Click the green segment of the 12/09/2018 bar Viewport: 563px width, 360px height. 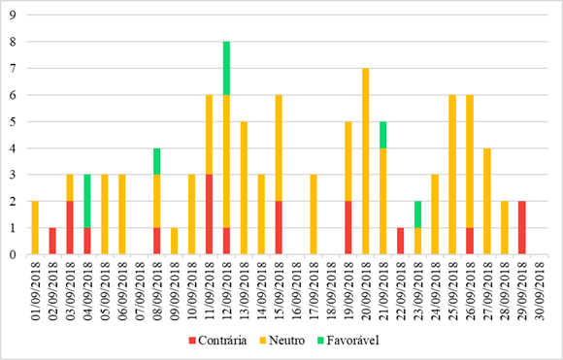coord(226,68)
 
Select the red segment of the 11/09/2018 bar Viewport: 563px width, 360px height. coord(209,214)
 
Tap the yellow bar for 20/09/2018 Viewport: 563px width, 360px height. coord(365,161)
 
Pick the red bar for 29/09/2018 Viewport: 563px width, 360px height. coord(521,228)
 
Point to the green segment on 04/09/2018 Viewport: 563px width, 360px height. coord(87,201)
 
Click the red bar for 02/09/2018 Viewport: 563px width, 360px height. coord(52,241)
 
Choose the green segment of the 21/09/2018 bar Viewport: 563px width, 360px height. coord(382,135)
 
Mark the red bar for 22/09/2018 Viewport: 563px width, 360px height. coord(400,241)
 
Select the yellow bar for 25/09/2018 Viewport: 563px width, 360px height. coord(452,175)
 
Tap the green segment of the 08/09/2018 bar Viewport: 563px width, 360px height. coord(156,161)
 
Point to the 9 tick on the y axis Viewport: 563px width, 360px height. coord(13,16)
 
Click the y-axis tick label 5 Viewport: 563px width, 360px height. coord(13,121)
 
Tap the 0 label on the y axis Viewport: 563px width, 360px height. coord(13,254)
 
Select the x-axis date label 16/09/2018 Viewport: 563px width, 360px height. coord(296,286)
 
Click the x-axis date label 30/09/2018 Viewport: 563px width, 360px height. coord(540,286)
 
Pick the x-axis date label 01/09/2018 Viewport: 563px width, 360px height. coord(36,286)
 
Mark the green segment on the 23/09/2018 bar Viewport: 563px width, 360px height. coord(417,214)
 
